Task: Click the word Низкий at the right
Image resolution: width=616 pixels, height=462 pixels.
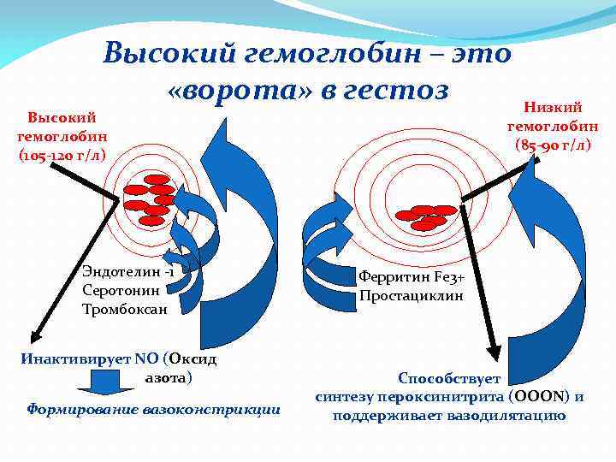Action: pos(553,107)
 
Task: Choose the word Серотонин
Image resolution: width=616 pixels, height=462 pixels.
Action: pos(121,290)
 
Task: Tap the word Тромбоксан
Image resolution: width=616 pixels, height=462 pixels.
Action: pos(125,308)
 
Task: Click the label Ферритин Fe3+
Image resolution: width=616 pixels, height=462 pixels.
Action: pos(412,277)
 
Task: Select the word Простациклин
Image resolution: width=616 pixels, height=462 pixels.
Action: pos(412,296)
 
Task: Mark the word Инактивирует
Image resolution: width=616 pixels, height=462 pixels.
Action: pos(72,358)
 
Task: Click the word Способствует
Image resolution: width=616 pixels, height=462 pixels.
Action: pos(449,378)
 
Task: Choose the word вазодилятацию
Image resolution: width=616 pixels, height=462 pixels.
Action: pos(508,416)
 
